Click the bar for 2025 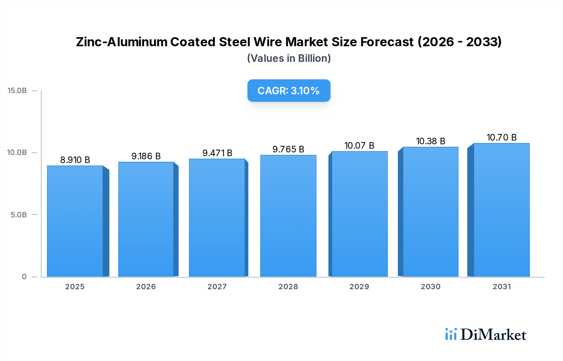[x=75, y=221]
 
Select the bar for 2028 [x=288, y=216]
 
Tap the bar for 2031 [x=501, y=210]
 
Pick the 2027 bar [x=217, y=218]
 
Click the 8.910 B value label [x=75, y=160]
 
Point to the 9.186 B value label [x=146, y=156]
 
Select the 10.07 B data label [x=359, y=146]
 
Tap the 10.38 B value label [x=430, y=141]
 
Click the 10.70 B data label [x=501, y=137]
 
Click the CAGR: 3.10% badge [x=289, y=91]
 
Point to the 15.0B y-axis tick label [x=17, y=91]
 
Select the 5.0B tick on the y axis [x=19, y=215]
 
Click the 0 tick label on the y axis [x=24, y=277]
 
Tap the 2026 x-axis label [x=146, y=287]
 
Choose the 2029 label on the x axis [x=359, y=287]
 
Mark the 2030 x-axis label [x=430, y=287]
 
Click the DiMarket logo [x=486, y=334]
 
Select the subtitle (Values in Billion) [x=289, y=58]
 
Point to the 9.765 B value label [x=288, y=149]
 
